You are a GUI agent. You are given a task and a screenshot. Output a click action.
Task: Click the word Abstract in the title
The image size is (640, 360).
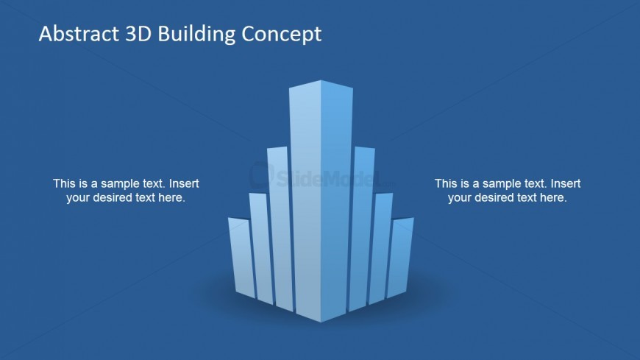tap(79, 34)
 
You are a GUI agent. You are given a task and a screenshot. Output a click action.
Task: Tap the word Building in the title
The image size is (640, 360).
tap(196, 35)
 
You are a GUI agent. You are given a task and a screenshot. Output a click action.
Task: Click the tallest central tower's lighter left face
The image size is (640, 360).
tap(305, 200)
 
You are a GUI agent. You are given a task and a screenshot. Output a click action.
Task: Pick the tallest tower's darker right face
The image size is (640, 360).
tap(336, 200)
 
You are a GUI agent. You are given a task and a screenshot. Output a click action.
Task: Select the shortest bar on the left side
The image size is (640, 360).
tap(241, 258)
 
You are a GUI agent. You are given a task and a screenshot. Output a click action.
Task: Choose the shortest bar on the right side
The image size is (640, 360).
tap(400, 258)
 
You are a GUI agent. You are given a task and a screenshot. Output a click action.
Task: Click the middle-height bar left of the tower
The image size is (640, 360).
tap(260, 248)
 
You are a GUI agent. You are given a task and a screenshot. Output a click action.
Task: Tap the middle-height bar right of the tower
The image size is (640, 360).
tap(380, 248)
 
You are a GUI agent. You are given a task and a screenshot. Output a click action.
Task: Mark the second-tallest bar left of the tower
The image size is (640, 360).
tap(280, 229)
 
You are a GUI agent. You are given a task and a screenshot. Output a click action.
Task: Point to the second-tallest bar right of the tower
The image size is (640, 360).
tap(362, 229)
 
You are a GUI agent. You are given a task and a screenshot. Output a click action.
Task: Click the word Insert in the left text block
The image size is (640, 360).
tap(184, 183)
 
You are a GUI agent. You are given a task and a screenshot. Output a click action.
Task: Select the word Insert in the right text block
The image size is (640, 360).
tap(566, 183)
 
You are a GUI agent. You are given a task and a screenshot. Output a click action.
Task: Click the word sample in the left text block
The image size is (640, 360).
tap(121, 184)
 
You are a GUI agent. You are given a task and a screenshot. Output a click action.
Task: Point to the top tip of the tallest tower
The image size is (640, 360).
tap(321, 80)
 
